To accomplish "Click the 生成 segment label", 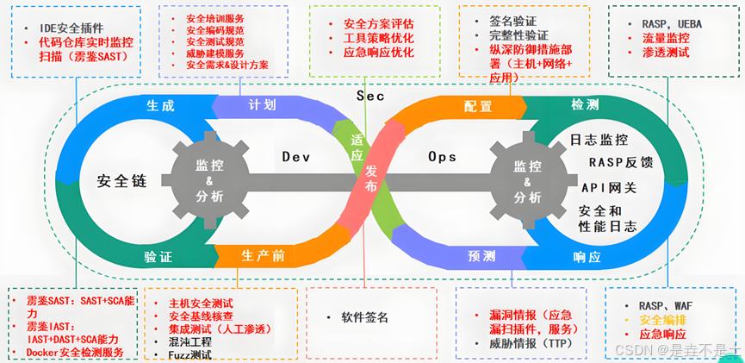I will (x=159, y=107).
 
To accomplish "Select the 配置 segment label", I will (x=478, y=107).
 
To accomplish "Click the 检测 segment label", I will (x=586, y=104).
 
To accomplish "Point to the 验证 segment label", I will (x=158, y=256).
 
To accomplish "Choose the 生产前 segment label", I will (x=263, y=256).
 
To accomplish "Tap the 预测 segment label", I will (x=481, y=256).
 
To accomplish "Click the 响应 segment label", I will (x=587, y=256).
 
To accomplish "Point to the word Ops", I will (x=442, y=157).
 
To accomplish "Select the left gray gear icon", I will (x=209, y=179).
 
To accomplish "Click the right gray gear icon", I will (x=527, y=179).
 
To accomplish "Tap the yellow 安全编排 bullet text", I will (x=662, y=319).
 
